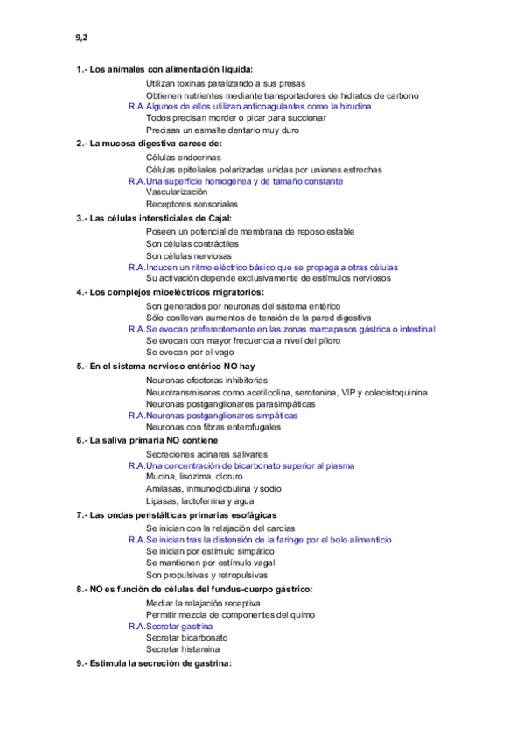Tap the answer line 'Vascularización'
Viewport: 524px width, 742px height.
[x=177, y=192]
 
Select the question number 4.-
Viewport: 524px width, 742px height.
[x=81, y=291]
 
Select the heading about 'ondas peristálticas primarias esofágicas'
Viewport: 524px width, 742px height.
[x=183, y=515]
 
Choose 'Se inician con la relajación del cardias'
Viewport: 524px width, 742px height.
[x=220, y=528]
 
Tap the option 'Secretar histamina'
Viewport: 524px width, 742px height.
[x=183, y=649]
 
